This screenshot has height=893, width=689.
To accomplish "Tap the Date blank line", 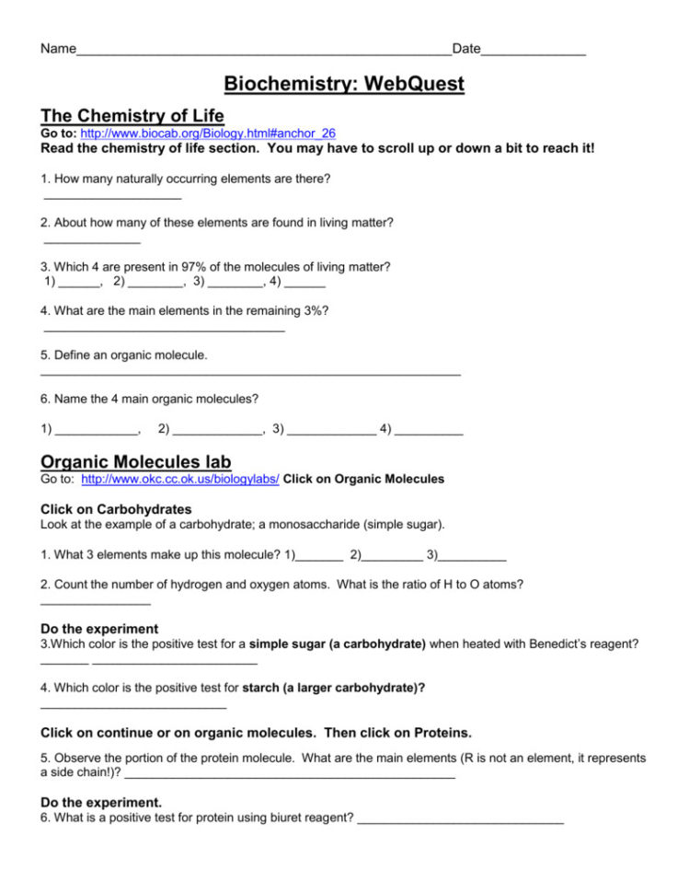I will [x=534, y=52].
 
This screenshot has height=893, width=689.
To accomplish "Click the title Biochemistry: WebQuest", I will [x=345, y=85].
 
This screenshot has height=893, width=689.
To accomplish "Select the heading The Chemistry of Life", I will [x=132, y=116].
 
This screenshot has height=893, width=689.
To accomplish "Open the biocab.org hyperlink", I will [x=208, y=133].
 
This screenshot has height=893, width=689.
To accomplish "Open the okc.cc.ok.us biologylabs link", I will [x=180, y=479].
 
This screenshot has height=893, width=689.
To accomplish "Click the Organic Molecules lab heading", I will [x=136, y=461].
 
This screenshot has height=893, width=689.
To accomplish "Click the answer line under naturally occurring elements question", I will [x=112, y=197].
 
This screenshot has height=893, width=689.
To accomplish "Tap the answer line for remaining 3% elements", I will [x=164, y=330].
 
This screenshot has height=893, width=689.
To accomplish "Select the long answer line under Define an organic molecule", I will [x=250, y=374].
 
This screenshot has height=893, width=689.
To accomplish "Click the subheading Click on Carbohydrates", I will [x=116, y=509].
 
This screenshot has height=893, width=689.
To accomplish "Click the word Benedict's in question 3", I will [x=561, y=644].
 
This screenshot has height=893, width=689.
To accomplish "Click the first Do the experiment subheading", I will [x=99, y=629].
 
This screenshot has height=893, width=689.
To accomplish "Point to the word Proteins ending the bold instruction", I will [x=437, y=733].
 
